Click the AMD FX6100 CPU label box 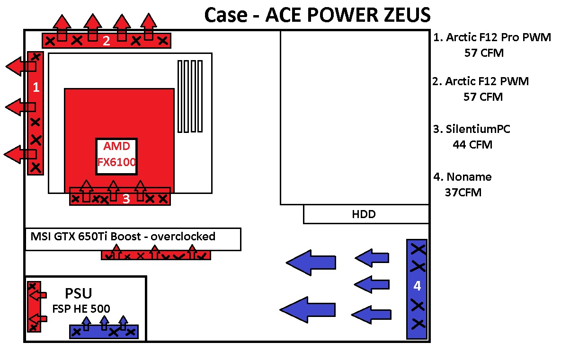[116, 156]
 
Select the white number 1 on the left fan [35, 88]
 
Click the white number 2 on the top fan [107, 41]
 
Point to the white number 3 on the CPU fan [126, 199]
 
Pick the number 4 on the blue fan [417, 286]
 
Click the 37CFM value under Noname [463, 193]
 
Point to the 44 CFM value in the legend [472, 145]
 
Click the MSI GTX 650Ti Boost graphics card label [95, 237]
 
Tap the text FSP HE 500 [81, 309]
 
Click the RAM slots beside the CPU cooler [190, 96]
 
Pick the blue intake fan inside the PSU [104, 332]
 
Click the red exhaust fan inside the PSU [34, 307]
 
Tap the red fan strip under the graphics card [156, 255]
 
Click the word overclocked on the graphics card [185, 236]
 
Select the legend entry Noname [469, 177]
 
